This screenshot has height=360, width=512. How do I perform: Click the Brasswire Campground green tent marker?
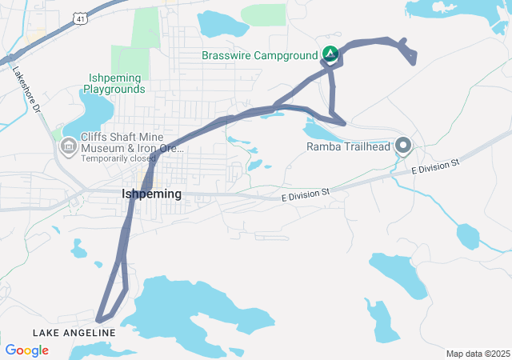[x=330, y=54]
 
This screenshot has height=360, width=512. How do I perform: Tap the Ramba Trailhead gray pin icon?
[x=403, y=146]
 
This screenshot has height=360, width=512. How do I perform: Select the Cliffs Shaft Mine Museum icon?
[x=68, y=146]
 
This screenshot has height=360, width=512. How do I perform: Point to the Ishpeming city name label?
[x=151, y=194]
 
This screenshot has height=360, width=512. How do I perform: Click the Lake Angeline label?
[x=74, y=332]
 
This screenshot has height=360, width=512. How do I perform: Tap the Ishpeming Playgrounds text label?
[x=113, y=83]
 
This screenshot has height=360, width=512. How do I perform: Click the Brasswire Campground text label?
[x=260, y=55]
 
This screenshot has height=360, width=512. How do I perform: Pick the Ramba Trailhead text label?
[x=348, y=146]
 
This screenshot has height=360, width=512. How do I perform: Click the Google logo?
[x=26, y=350]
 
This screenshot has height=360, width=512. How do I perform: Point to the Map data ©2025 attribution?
[x=477, y=354]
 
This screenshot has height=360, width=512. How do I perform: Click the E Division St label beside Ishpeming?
[x=306, y=194]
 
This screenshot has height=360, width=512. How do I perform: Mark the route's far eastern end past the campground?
[x=414, y=58]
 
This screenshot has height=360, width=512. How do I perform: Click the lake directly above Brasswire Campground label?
[x=224, y=24]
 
